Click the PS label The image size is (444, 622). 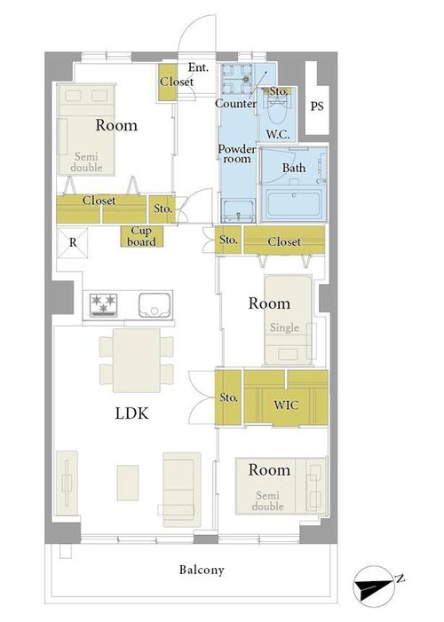coord(317,106)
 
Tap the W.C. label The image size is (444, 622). coord(278,135)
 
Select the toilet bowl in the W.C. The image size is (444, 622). coord(278,113)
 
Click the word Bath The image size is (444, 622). coord(294,168)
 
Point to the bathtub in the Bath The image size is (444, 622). coord(294,204)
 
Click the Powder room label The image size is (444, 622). coord(237,154)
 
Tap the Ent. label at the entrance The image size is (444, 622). coord(198,67)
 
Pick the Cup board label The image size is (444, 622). coord(141,236)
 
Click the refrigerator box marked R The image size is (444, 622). coord(73,243)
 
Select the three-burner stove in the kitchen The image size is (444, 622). coord(103,304)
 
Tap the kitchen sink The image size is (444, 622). coord(155,305)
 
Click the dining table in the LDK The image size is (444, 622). coord(137,360)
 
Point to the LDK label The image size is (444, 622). coord(131,413)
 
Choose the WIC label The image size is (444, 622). coord(286,405)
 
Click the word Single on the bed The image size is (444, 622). coord(284,327)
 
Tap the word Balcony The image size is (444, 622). coord(202,570)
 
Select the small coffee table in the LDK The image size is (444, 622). coord(128,483)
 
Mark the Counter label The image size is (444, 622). coord(235,104)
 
